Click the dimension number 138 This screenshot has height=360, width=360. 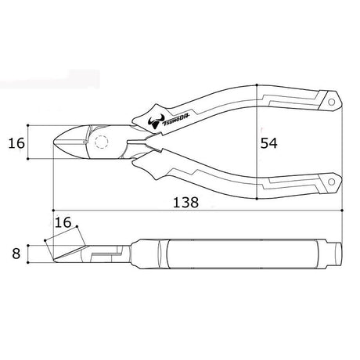pyautogui.click(x=185, y=202)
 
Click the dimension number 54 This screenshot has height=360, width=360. pyautogui.click(x=269, y=143)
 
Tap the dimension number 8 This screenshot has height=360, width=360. pyautogui.click(x=16, y=254)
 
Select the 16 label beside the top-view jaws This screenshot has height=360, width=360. pyautogui.click(x=16, y=143)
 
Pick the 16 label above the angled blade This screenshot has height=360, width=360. pyautogui.click(x=63, y=222)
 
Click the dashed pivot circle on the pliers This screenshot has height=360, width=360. pyautogui.click(x=102, y=142)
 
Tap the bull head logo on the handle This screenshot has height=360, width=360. pyautogui.click(x=156, y=121)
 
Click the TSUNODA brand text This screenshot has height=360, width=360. pyautogui.click(x=176, y=121)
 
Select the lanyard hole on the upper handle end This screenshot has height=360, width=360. pyautogui.click(x=331, y=102)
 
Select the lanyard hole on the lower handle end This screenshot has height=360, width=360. pyautogui.click(x=331, y=182)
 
